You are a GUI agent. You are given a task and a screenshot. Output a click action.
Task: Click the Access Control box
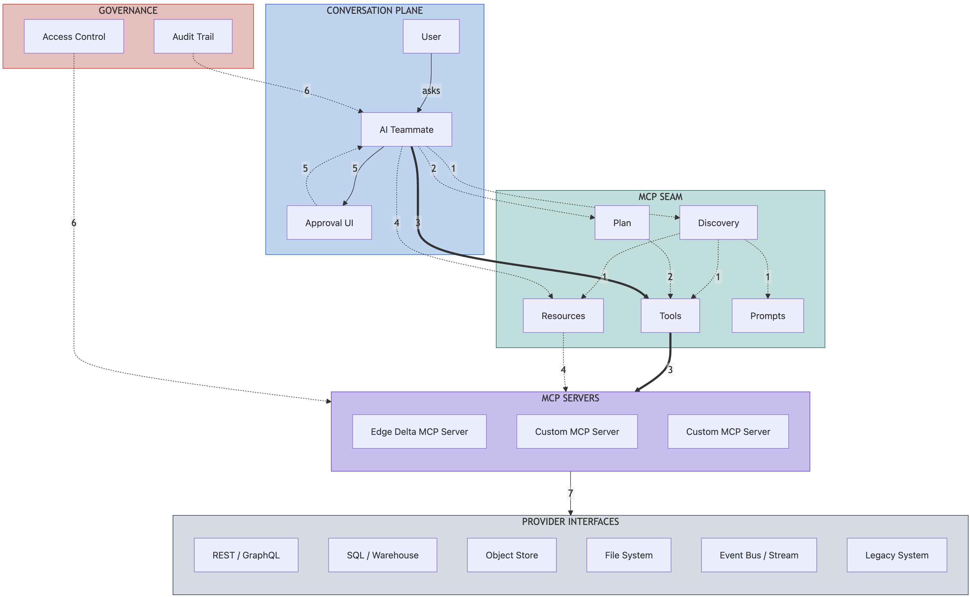(74, 36)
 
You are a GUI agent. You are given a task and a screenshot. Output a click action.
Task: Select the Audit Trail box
(193, 36)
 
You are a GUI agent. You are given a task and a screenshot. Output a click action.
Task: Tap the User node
(431, 36)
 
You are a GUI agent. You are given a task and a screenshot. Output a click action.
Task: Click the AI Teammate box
(406, 130)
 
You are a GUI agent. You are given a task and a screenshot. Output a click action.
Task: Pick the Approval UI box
(329, 223)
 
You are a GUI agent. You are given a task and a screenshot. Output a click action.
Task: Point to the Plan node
(622, 223)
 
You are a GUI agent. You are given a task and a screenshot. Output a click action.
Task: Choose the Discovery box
(718, 223)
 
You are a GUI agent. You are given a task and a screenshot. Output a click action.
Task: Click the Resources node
(563, 316)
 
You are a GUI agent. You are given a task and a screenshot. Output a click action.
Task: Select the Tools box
(670, 316)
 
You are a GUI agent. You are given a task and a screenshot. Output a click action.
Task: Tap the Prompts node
(767, 316)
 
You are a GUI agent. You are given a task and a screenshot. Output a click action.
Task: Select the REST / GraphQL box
(246, 555)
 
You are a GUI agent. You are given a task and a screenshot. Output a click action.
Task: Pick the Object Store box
(512, 555)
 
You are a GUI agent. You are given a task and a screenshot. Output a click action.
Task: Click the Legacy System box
(897, 555)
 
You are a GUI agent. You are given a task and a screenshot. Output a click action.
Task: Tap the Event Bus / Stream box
(758, 555)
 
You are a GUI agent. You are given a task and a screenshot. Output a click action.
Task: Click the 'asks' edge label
(431, 90)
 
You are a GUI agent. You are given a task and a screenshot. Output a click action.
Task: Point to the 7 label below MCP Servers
(570, 493)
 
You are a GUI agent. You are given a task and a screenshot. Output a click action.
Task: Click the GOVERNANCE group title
(128, 11)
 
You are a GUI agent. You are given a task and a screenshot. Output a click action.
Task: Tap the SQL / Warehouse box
(382, 555)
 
